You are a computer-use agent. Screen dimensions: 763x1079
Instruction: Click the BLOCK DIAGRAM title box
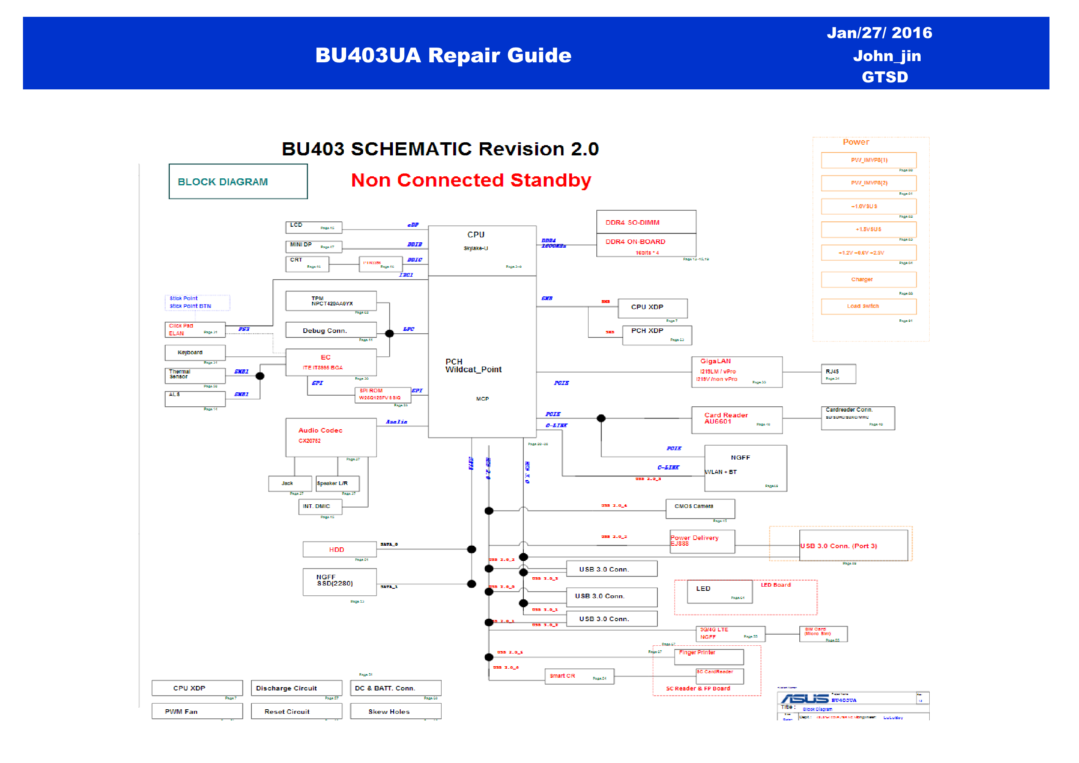(238, 181)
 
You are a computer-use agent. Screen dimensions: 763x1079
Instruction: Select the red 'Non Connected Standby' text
(471, 180)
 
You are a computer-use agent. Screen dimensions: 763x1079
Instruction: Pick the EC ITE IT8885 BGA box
(331, 362)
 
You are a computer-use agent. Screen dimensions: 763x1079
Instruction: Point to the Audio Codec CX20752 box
(331, 437)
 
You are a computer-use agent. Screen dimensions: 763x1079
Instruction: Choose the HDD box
(339, 549)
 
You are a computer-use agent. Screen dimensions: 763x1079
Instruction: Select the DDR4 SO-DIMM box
(646, 222)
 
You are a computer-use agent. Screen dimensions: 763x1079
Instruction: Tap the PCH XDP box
(657, 335)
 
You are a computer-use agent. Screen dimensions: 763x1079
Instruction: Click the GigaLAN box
(737, 371)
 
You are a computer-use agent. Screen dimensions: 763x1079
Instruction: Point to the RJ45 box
(838, 374)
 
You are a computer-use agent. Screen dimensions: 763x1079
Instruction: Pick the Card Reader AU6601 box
(737, 419)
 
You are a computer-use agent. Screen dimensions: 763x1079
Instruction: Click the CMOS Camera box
(700, 509)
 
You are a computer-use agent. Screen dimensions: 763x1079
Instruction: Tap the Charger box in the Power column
(869, 280)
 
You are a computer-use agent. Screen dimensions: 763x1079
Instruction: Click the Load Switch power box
(869, 306)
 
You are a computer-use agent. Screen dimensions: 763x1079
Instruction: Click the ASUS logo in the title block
(805, 699)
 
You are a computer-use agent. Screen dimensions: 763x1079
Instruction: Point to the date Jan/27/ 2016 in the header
(879, 33)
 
